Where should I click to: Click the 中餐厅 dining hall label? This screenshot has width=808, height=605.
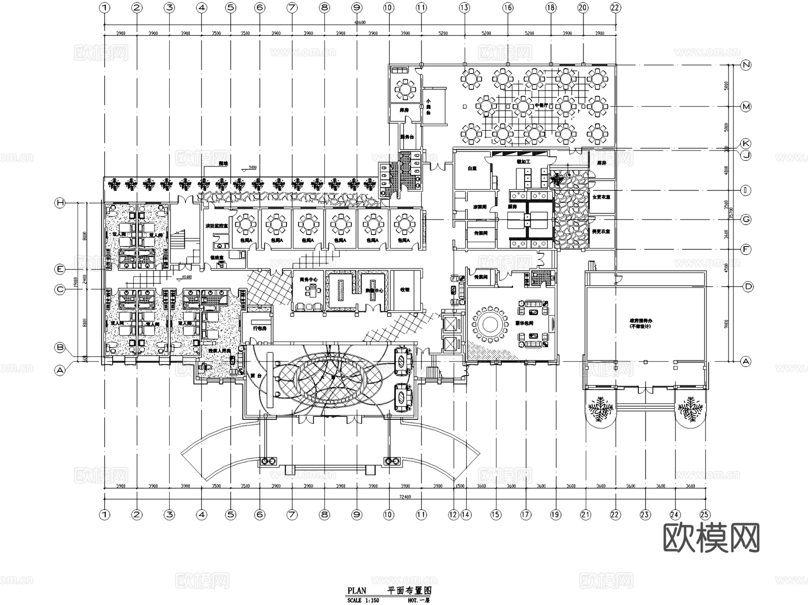pyautogui.click(x=541, y=105)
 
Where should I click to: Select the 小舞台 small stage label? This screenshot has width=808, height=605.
pyautogui.click(x=428, y=107)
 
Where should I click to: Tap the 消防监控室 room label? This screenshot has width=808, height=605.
pyautogui.click(x=217, y=225)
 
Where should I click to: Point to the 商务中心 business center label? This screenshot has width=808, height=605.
pyautogui.click(x=309, y=279)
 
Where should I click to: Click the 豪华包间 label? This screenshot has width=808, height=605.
pyautogui.click(x=524, y=323)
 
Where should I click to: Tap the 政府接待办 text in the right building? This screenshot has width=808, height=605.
pyautogui.click(x=641, y=323)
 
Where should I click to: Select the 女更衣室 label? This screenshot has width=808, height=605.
pyautogui.click(x=601, y=197)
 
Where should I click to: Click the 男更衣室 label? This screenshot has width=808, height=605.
pyautogui.click(x=601, y=231)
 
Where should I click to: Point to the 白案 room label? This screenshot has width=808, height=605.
pyautogui.click(x=472, y=168)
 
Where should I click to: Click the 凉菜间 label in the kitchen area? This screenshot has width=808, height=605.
pyautogui.click(x=479, y=207)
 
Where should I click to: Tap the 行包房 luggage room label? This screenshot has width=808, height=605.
pyautogui.click(x=260, y=328)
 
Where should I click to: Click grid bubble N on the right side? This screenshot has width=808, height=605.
pyautogui.click(x=746, y=65)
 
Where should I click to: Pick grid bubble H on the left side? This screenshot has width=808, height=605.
pyautogui.click(x=60, y=203)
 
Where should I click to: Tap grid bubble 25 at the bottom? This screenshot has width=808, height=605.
pyautogui.click(x=705, y=515)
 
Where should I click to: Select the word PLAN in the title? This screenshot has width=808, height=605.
pyautogui.click(x=357, y=591)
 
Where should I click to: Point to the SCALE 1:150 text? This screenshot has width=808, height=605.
pyautogui.click(x=363, y=601)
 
